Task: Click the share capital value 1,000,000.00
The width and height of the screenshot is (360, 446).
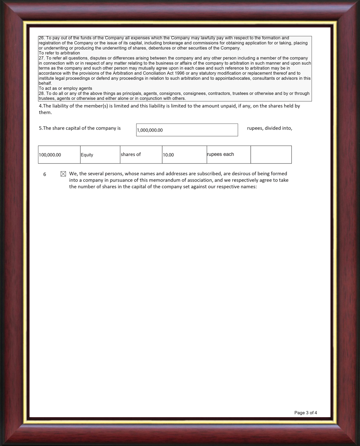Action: pyautogui.click(x=150, y=130)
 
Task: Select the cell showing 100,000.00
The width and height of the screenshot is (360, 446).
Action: pyautogui.click(x=50, y=155)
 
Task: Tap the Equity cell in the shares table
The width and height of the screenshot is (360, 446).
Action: pyautogui.click(x=87, y=155)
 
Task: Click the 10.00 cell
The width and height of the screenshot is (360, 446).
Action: pyautogui.click(x=168, y=155)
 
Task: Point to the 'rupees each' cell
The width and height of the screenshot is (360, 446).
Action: pyautogui.click(x=220, y=154)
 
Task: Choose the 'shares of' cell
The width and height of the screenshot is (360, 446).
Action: pyautogui.click(x=131, y=154)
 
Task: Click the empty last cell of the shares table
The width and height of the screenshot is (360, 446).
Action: pyautogui.click(x=271, y=154)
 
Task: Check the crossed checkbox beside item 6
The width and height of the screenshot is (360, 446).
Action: pyautogui.click(x=63, y=174)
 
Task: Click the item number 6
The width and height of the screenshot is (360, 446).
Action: pyautogui.click(x=45, y=174)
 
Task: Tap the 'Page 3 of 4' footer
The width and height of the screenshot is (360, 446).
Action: pyautogui.click(x=306, y=413)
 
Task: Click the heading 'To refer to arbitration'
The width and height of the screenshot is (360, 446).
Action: pyautogui.click(x=59, y=53)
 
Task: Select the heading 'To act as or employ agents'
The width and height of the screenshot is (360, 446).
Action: pyautogui.click(x=65, y=88)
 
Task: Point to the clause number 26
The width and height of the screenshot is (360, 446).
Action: pyautogui.click(x=41, y=38)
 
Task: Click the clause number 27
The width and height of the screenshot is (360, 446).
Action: pyautogui.click(x=41, y=58)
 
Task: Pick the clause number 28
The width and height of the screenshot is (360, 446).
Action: pyautogui.click(x=41, y=94)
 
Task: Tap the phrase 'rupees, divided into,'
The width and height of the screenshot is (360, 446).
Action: pyautogui.click(x=270, y=128)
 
